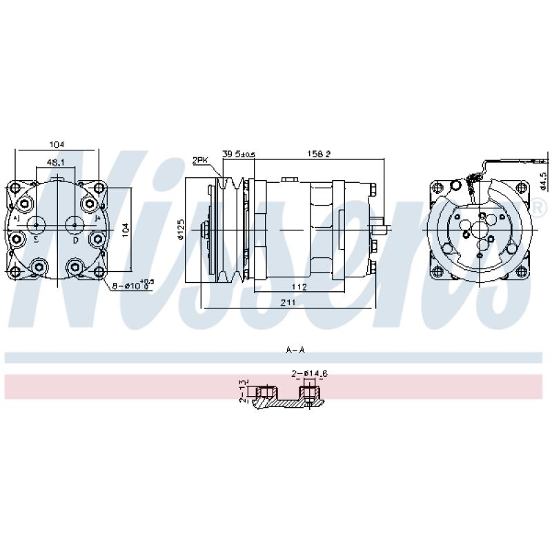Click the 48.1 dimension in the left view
(x=55, y=163)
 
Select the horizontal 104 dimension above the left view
(x=56, y=144)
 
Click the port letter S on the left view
(x=36, y=239)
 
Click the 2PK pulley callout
(x=200, y=160)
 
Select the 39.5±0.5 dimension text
(x=239, y=154)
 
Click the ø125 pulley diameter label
(x=180, y=229)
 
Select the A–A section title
(x=295, y=351)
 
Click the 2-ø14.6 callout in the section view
(x=308, y=374)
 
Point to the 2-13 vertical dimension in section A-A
(x=243, y=391)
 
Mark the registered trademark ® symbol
(x=538, y=205)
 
